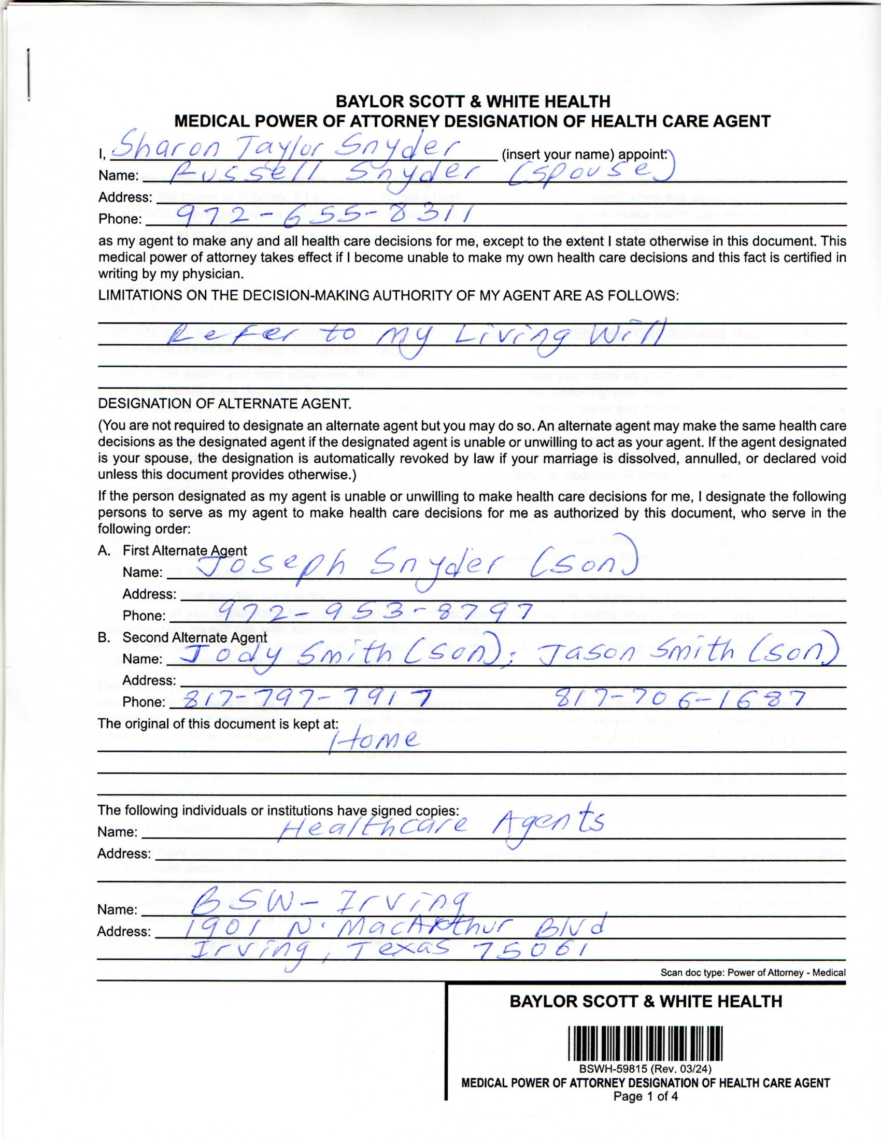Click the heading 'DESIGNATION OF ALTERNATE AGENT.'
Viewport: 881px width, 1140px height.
pyautogui.click(x=225, y=404)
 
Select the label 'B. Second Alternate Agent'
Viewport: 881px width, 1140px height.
pyautogui.click(x=182, y=637)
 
